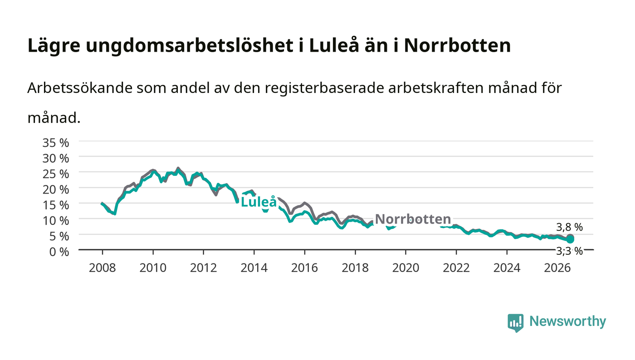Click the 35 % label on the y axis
[55, 142]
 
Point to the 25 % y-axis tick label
[55, 174]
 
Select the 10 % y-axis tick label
[55, 220]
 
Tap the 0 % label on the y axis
[59, 252]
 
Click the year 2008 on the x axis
[103, 268]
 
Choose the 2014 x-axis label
[254, 268]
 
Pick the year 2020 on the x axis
[405, 268]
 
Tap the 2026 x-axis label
[557, 268]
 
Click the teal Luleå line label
[259, 202]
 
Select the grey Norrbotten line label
[413, 219]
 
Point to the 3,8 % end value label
[569, 227]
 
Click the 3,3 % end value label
[569, 251]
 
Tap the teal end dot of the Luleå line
[570, 239]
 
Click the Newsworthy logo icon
[515, 323]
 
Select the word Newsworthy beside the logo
[567, 321]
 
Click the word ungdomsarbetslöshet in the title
[190, 46]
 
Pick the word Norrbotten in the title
[457, 45]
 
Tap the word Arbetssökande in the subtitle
[80, 88]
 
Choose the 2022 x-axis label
[456, 268]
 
